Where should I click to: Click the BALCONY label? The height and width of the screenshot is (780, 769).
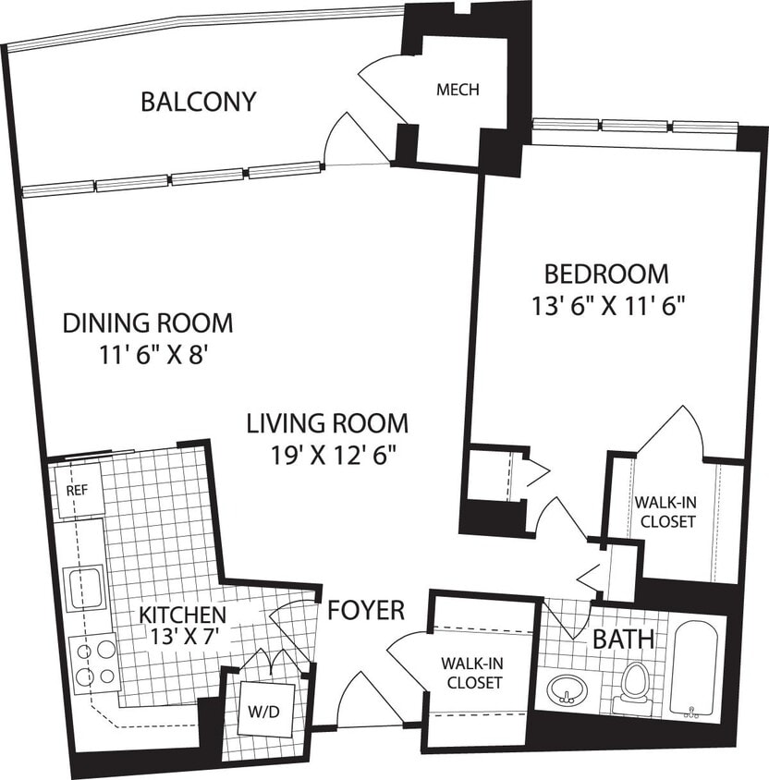198,101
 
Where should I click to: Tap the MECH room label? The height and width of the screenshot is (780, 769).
458,90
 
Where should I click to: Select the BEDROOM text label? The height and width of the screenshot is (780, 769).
605,274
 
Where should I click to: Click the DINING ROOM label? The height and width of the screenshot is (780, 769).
148,323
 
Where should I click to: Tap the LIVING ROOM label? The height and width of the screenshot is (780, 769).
327,424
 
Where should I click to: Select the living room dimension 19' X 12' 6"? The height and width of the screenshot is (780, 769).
327,454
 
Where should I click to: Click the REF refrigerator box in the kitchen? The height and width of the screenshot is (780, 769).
76,489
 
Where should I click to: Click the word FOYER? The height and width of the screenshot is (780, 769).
366,610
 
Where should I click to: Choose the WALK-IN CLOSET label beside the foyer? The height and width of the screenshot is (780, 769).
473,673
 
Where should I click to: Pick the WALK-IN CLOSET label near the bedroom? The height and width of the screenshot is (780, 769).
664,512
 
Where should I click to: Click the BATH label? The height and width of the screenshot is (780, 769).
624,638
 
